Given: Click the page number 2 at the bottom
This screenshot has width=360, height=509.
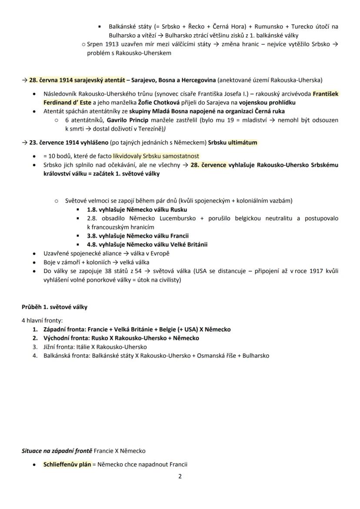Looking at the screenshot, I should point(180,476).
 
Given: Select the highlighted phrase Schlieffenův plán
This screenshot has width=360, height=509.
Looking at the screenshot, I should point(67,464).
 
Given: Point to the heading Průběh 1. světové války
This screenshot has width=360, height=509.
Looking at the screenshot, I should point(54,307).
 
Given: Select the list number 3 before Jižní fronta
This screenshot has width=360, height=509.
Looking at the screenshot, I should point(35,347).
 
